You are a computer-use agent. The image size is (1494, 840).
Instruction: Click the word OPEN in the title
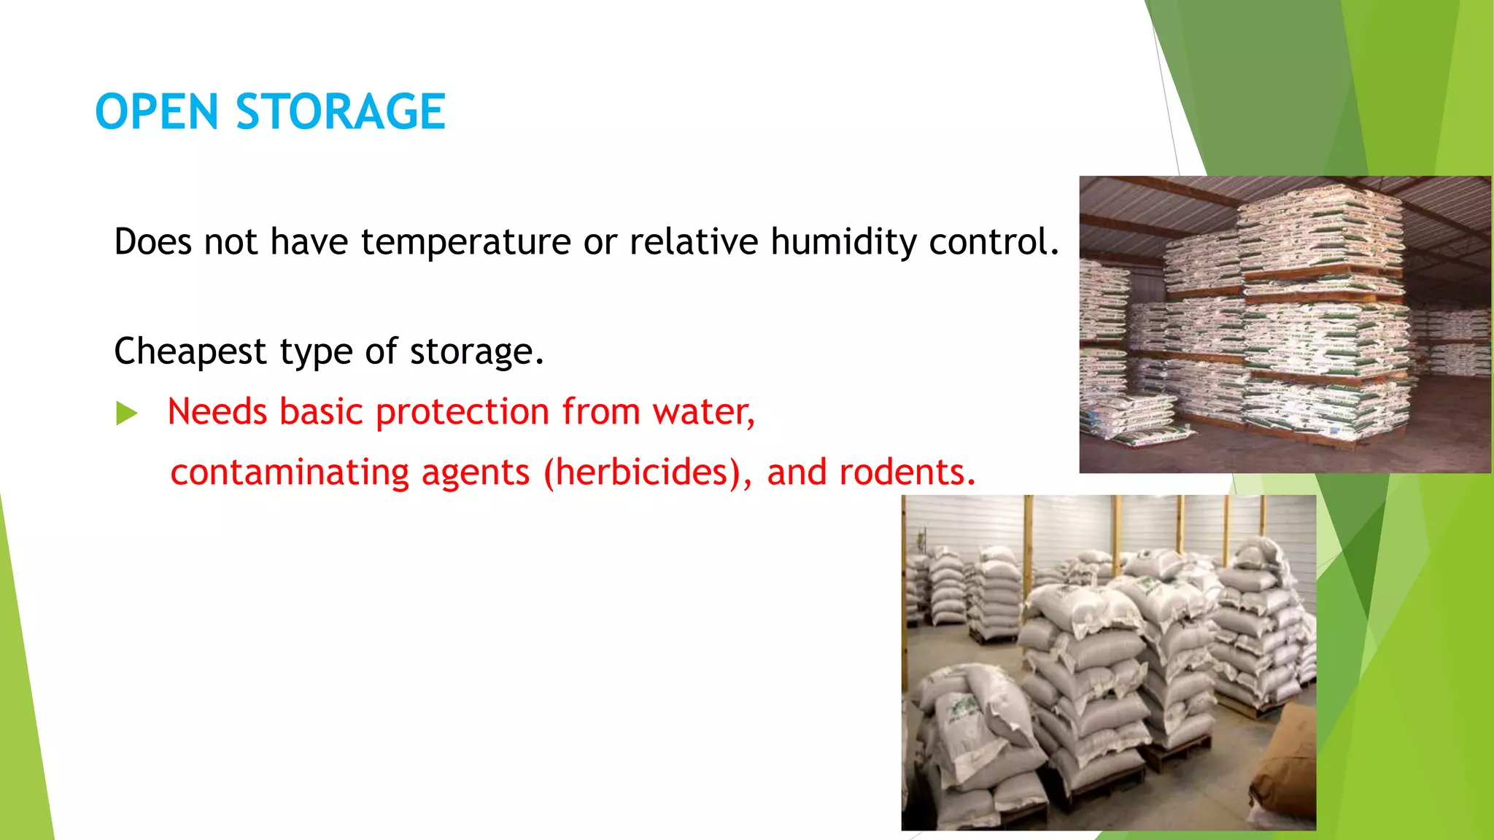156,112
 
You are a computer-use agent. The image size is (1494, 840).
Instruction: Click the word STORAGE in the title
340,112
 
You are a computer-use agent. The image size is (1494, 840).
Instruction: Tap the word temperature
465,241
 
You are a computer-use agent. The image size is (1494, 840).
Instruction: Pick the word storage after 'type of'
476,352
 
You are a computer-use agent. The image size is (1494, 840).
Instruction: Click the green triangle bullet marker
126,413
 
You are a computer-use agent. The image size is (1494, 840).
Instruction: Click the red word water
703,411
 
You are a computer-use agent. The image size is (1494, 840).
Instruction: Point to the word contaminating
289,472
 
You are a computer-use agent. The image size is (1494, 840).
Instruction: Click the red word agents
475,472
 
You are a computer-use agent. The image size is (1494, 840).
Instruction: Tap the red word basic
320,411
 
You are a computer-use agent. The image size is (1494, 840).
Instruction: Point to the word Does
152,241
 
